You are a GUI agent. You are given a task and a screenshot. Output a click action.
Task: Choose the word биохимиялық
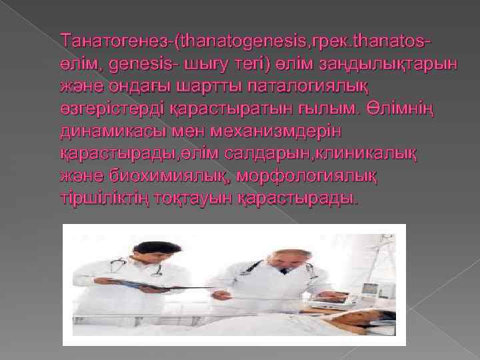(180, 175)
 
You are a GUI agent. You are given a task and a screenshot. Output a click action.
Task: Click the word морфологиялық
(313, 175)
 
